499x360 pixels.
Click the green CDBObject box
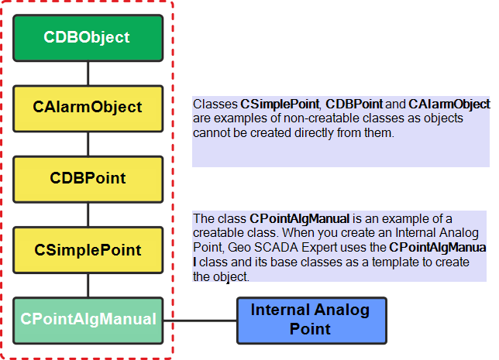pos(87,37)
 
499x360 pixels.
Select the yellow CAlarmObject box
pos(87,108)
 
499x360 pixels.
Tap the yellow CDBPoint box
pos(87,179)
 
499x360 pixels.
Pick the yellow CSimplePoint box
pos(87,250)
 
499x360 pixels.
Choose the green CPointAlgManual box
pos(87,319)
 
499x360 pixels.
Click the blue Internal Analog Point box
pos(309,319)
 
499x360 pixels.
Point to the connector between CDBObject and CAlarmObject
pos(89,73)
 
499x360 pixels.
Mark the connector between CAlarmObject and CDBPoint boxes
pos(89,144)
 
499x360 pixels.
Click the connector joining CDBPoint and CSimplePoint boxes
pos(89,214)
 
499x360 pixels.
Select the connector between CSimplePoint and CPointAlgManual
pos(89,285)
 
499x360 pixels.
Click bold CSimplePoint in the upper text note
pos(280,104)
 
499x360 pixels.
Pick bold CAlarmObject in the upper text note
pos(449,104)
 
